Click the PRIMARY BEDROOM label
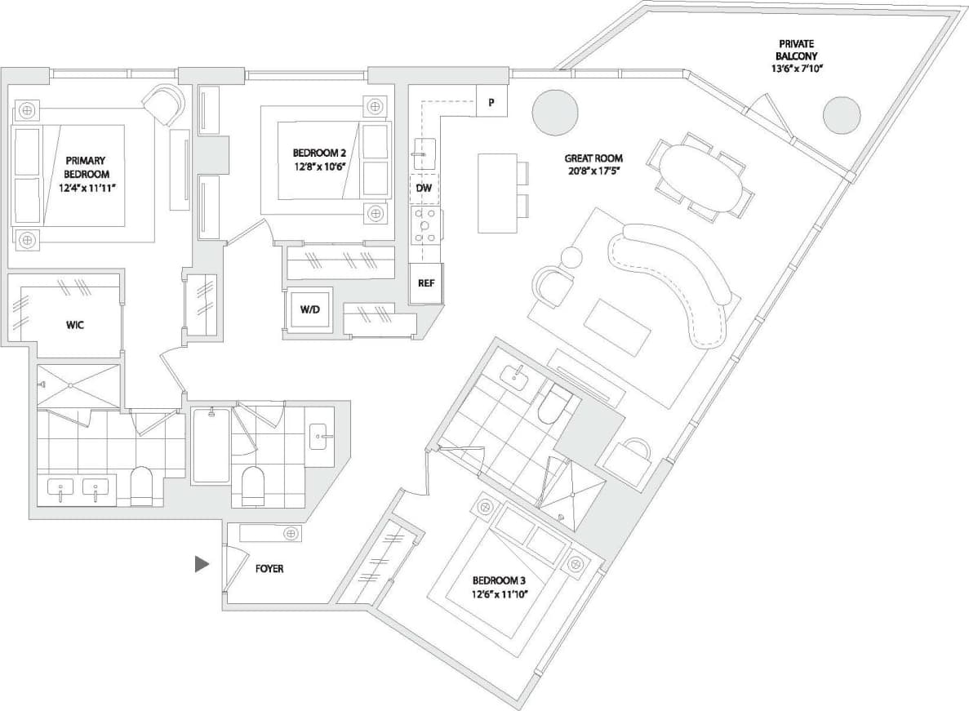[x=86, y=173]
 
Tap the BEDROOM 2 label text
[x=319, y=159]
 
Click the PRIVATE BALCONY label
[x=796, y=56]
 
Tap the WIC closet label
[x=75, y=325]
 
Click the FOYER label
[x=269, y=568]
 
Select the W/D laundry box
[x=309, y=310]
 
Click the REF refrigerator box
[x=425, y=284]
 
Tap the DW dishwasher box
[x=424, y=189]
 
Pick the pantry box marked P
[x=491, y=102]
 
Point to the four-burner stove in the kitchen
[x=426, y=224]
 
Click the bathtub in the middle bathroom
[x=211, y=447]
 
